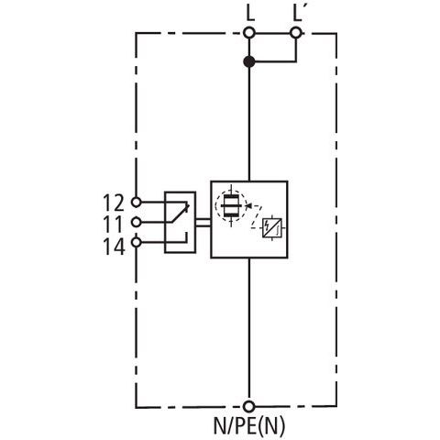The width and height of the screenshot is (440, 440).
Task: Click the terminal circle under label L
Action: (x=249, y=33)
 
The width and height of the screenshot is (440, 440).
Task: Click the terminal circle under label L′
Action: (x=295, y=33)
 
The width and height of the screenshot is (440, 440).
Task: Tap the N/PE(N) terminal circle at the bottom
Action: (x=249, y=406)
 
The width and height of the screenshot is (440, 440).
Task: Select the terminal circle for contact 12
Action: (x=136, y=202)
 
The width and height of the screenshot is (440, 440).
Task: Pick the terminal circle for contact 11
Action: (x=136, y=222)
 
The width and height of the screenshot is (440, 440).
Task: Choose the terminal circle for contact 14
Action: (x=136, y=242)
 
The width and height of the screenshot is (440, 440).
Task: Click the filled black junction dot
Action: (x=249, y=61)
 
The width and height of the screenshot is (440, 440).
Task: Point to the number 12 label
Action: (x=114, y=203)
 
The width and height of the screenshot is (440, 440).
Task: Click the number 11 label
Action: (x=114, y=225)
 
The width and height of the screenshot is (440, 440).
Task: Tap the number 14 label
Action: (x=114, y=247)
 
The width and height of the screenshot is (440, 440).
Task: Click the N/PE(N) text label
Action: (x=249, y=426)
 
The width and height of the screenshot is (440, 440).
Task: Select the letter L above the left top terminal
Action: (x=250, y=13)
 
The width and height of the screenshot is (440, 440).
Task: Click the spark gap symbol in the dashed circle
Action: (x=231, y=205)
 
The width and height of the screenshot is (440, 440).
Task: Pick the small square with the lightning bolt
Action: (x=272, y=228)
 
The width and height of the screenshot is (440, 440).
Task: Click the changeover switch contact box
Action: (x=181, y=222)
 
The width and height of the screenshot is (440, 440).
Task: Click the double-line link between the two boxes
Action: (x=203, y=223)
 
